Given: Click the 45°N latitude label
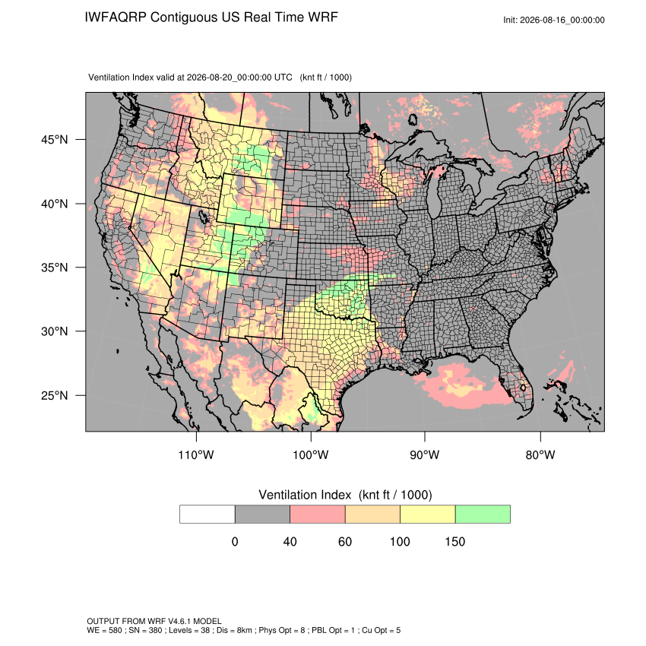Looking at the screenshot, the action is pos(55,140).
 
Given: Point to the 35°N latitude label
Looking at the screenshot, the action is pos(55,268).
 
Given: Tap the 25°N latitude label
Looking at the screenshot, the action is pos(55,395).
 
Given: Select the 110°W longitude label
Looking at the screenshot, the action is pos(196,454).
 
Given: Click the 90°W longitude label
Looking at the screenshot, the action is pos(424,454).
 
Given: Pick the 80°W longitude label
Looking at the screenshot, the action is pos(540,454).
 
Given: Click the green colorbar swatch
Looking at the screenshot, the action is pos(483,515).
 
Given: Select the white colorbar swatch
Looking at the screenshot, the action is pos(207,515).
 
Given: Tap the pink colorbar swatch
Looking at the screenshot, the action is pos(318,515).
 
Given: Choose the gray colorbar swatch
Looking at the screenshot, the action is pos(262,515).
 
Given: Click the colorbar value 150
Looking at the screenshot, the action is pos(454,541).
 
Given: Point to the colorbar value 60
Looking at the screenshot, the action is pos(345,541).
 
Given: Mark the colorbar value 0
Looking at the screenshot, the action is pos(235,541).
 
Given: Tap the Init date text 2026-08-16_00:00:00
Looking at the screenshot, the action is pos(562,20).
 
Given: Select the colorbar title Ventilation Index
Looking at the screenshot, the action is pos(305,495).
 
